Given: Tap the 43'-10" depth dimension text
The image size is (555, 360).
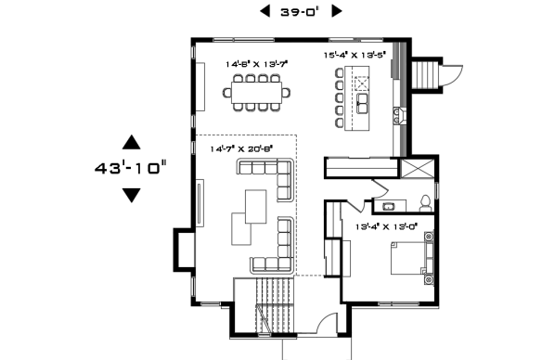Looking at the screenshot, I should coord(130,169).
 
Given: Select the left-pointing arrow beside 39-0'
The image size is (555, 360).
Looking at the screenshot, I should coord(265,11).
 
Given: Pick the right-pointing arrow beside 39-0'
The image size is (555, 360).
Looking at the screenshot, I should coord(336,11).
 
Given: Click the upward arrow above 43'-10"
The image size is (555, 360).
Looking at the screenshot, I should coord(131,142).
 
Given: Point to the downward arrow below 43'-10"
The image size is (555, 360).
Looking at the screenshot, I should coord(131,195).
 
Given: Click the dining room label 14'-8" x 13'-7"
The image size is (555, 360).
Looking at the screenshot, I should coord(256,65).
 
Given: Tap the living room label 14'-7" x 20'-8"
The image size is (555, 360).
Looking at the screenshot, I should coord(241,148).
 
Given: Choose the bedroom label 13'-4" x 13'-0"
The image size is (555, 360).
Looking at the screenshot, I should coord(387,225).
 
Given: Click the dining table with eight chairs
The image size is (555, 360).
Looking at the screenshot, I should coord(256,93).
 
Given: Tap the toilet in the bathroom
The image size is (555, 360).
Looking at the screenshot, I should coord(424,201).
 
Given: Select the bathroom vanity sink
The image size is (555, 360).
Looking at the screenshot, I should coord(387,205).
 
